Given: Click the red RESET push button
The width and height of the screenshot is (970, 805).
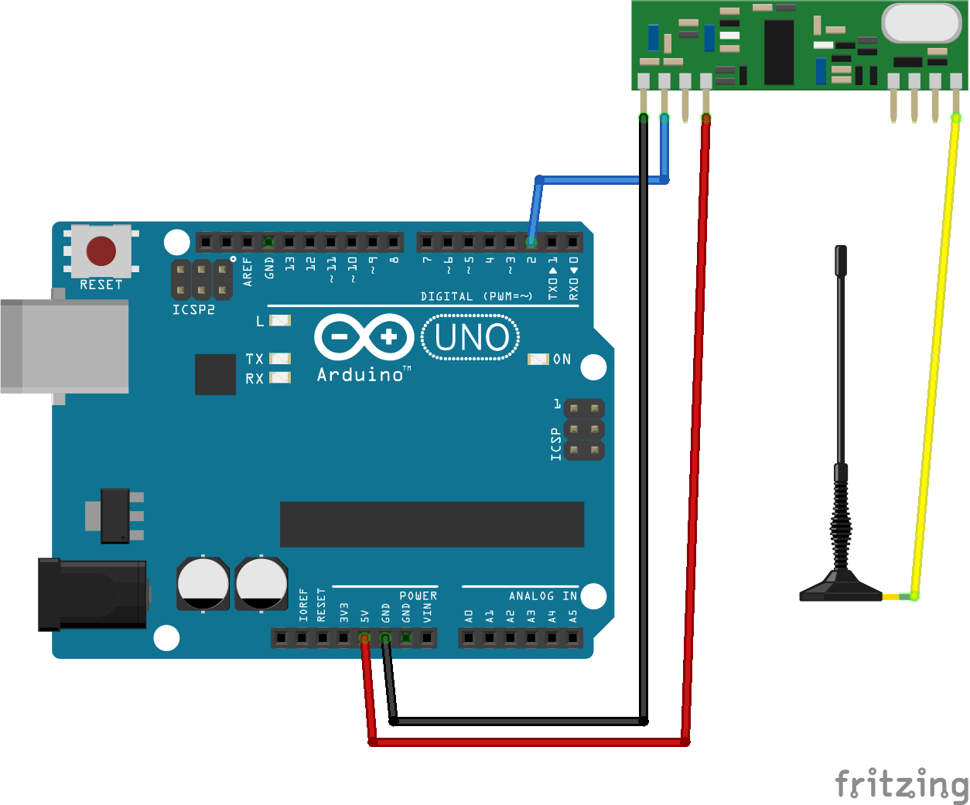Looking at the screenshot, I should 101,251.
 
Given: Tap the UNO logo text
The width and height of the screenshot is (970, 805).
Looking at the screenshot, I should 471,337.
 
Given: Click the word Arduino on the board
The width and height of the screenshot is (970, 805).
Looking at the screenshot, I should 360,375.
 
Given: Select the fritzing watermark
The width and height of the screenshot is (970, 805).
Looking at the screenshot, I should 901,783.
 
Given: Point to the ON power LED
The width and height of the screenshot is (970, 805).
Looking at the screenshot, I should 538,359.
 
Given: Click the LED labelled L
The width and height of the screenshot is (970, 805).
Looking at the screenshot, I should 280,320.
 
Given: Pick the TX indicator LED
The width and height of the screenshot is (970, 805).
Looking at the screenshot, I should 280,359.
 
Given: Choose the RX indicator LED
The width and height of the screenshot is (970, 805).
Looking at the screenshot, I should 280,378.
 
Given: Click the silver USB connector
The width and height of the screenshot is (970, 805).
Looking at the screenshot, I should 64,346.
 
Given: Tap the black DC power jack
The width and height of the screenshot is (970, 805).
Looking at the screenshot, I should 93,594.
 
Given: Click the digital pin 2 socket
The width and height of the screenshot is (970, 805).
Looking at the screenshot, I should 531,242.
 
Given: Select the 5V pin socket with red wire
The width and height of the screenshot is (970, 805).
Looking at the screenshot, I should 364,638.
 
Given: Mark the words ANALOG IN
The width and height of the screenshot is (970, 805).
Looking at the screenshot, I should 542,596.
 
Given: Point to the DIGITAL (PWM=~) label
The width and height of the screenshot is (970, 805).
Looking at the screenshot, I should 476,297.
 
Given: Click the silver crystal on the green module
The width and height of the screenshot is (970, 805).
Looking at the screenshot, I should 920,22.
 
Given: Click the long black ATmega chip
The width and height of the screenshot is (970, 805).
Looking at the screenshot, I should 432,524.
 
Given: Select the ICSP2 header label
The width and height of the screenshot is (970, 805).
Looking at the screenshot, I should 193,309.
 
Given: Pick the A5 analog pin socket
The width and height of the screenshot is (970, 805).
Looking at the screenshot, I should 573,638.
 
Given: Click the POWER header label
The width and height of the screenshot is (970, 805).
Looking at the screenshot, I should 418,596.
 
